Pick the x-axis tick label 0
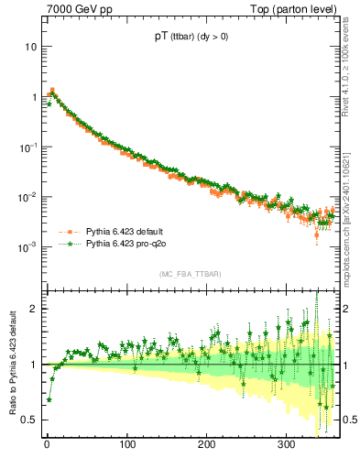tap(47, 445)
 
